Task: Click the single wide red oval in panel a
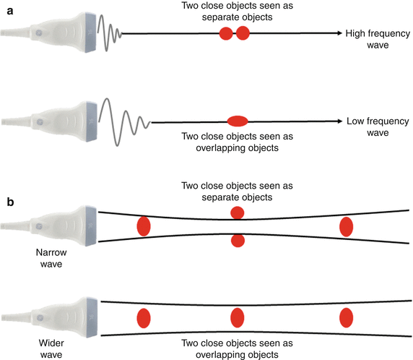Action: [x=238, y=121]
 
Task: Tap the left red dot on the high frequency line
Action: [x=226, y=33]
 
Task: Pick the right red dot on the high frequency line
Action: [x=243, y=33]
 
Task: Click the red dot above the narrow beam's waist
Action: [x=238, y=212]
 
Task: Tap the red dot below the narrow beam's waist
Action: [x=238, y=241]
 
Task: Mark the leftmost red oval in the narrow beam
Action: [x=143, y=226]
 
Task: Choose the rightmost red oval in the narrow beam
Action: [x=347, y=226]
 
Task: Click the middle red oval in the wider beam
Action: [x=238, y=318]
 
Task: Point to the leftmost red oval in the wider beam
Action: [x=143, y=318]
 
